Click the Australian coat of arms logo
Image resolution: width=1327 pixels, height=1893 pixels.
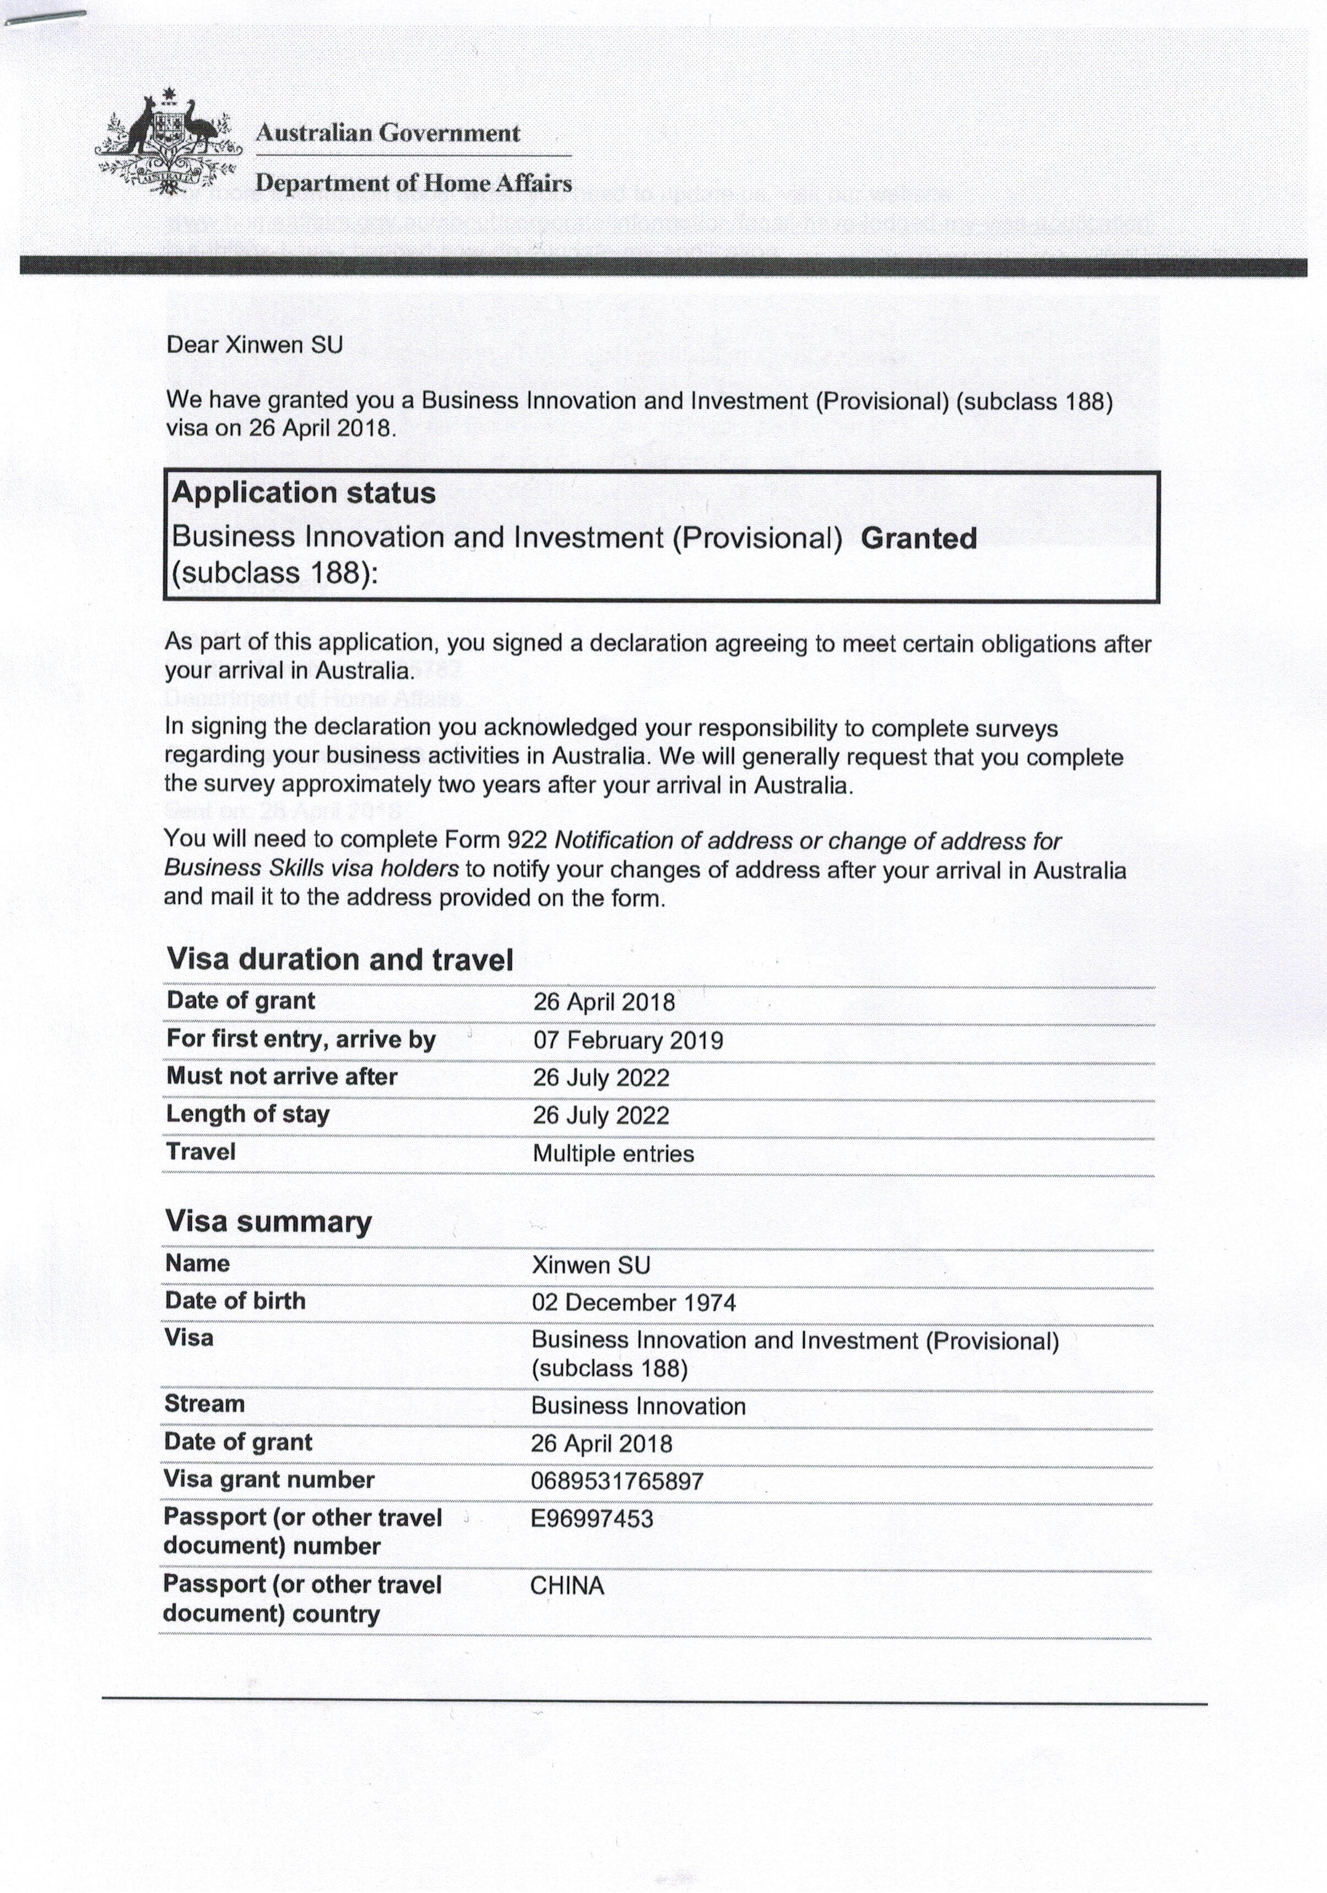[168, 143]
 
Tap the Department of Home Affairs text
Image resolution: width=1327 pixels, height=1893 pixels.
[413, 182]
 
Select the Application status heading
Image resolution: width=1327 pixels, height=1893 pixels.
[304, 493]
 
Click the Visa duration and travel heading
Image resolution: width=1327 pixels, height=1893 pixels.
[340, 959]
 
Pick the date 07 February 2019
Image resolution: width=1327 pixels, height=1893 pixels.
[627, 1040]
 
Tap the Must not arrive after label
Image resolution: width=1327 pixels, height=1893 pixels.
[281, 1076]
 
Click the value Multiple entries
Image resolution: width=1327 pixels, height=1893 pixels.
[613, 1153]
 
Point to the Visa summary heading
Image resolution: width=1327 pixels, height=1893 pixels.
[268, 1221]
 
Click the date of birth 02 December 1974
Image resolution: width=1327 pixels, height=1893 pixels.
[633, 1303]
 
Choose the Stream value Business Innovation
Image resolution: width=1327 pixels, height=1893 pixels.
[637, 1406]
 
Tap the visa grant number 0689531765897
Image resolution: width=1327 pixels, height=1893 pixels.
[617, 1482]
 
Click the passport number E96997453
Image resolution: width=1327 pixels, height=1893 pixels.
[591, 1518]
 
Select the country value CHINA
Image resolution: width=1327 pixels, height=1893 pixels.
[567, 1586]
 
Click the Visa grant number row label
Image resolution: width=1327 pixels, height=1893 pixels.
[269, 1480]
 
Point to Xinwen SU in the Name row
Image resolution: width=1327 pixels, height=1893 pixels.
[591, 1265]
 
